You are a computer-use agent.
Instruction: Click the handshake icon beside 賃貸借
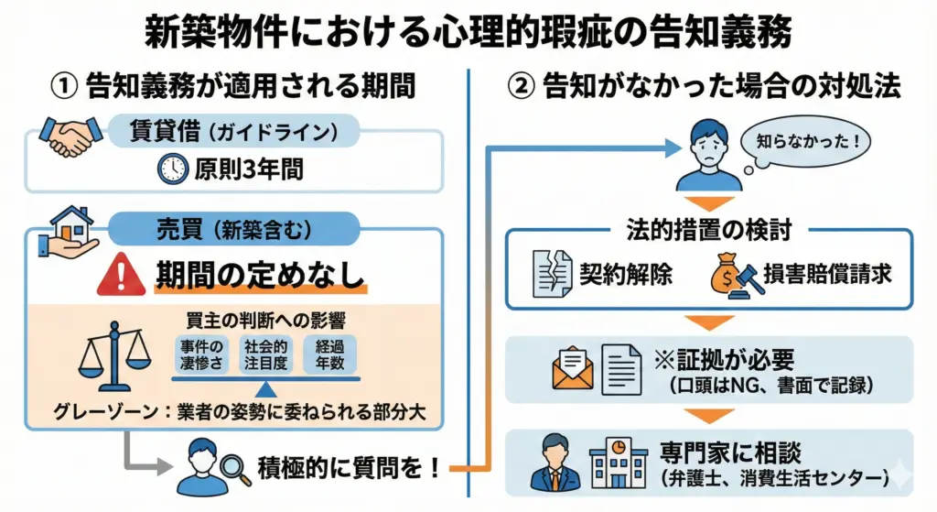tap(70, 136)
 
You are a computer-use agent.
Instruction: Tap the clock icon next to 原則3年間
tap(172, 171)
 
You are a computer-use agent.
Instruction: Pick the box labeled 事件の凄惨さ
tap(201, 354)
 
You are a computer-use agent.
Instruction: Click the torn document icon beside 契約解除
tap(552, 274)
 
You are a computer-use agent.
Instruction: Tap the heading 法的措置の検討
tap(709, 223)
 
